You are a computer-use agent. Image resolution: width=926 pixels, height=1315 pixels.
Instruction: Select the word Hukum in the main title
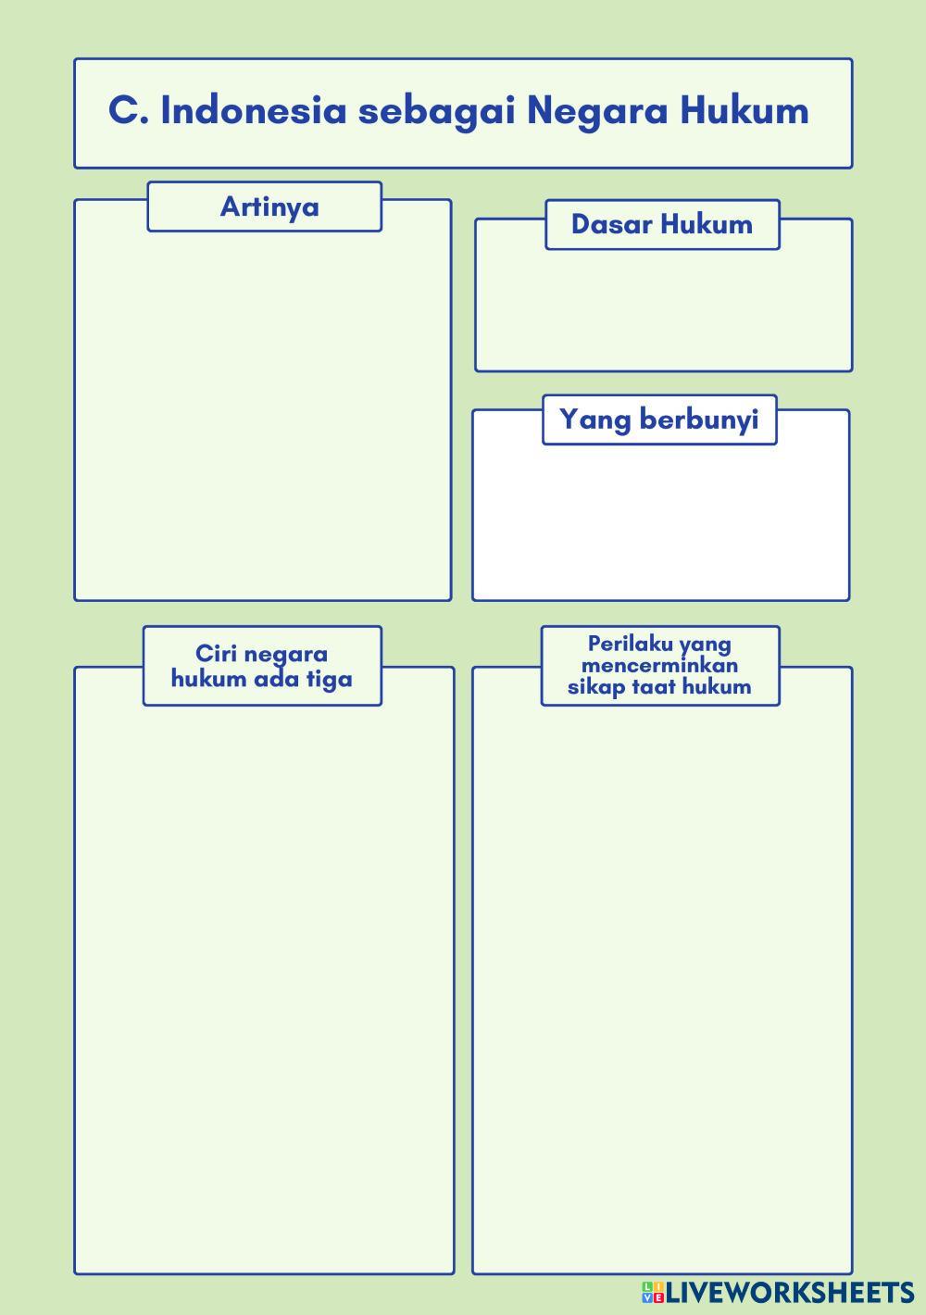click(x=745, y=110)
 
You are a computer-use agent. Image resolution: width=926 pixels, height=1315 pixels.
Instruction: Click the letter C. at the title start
click(x=129, y=110)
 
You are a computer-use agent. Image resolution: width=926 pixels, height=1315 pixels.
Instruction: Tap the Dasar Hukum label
click(x=661, y=224)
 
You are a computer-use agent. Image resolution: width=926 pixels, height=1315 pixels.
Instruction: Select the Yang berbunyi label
click(x=658, y=420)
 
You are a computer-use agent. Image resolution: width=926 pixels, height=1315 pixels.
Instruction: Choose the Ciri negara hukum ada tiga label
click(x=262, y=666)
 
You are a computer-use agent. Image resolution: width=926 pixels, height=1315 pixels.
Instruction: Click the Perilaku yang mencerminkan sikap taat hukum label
click(x=659, y=665)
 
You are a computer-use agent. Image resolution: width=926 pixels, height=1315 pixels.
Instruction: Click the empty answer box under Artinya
click(x=262, y=417)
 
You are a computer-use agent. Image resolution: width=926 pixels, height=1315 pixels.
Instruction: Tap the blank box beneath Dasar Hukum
click(x=663, y=310)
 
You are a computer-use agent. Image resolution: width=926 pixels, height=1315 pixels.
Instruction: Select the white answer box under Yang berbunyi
click(x=660, y=523)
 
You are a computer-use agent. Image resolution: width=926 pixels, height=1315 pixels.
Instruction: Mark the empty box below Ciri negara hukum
click(x=264, y=982)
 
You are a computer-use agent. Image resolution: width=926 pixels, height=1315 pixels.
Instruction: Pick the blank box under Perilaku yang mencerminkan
click(x=662, y=982)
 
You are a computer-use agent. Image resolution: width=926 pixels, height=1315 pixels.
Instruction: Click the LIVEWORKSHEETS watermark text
click(x=790, y=1293)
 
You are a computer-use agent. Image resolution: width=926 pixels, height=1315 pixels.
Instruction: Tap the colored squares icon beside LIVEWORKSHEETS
click(x=653, y=1293)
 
